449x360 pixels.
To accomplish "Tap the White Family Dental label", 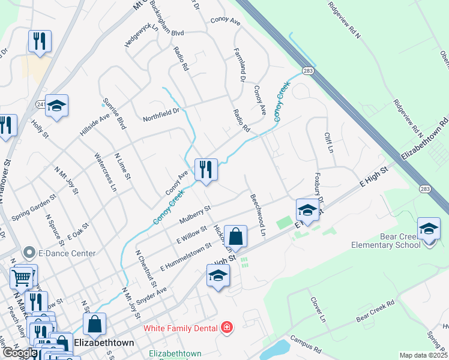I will pos(181,328).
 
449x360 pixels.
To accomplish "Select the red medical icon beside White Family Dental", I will pos(226,328).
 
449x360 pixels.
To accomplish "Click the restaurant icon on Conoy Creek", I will pos(206,170).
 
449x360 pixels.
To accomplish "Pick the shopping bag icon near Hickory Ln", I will pos(237,238).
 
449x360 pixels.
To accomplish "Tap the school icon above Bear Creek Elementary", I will pos(429,230).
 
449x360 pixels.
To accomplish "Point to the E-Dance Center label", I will pos(66,253).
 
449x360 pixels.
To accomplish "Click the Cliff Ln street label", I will pos(328,142).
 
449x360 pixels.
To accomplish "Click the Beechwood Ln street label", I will pos(258,213).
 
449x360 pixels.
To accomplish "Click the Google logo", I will pos(19,353).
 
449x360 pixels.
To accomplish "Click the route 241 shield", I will pos(40,104).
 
